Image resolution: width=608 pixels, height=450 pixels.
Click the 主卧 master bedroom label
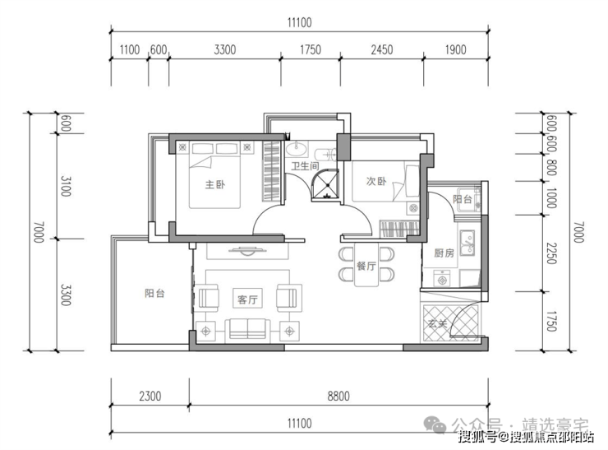click(x=215, y=184)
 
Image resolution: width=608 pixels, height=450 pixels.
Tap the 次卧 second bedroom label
click(x=376, y=181)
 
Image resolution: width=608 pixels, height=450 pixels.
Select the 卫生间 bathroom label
click(x=305, y=166)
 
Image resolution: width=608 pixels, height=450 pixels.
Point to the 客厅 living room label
click(x=247, y=299)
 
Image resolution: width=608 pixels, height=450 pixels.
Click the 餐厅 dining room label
click(x=366, y=266)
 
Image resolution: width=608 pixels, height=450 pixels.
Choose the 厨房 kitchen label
click(x=444, y=253)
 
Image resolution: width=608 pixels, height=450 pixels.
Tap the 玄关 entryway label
click(x=437, y=323)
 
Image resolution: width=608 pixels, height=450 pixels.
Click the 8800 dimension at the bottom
click(x=339, y=396)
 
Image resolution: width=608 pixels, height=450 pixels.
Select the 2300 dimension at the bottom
click(x=150, y=396)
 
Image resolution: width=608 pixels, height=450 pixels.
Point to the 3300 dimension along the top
click(x=225, y=49)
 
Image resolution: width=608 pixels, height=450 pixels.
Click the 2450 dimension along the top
click(x=381, y=49)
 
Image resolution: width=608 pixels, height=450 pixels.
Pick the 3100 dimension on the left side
click(x=66, y=187)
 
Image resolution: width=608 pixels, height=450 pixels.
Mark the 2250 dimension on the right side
click(x=551, y=253)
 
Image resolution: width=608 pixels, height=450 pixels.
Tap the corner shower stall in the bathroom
click(x=325, y=185)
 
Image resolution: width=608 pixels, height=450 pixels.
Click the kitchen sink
click(x=468, y=243)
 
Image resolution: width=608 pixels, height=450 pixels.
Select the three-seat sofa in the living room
click(x=248, y=330)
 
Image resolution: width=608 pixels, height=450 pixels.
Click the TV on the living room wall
click(x=247, y=251)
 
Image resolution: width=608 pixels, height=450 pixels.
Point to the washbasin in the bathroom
click(x=297, y=148)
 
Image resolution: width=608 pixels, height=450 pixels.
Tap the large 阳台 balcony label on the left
click(x=154, y=293)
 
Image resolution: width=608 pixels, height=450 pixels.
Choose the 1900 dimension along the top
click(x=455, y=49)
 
